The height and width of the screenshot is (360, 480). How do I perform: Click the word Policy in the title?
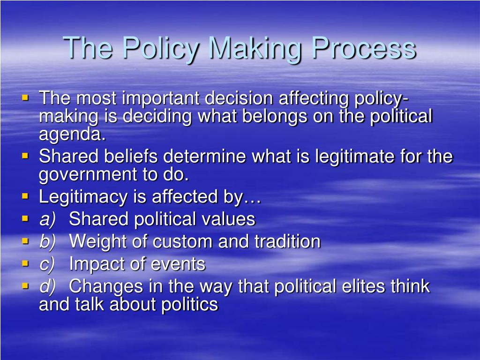(156, 48)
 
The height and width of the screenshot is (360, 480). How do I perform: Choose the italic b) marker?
(47, 242)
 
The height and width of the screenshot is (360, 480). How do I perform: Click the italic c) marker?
(47, 264)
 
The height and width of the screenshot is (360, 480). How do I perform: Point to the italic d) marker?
(47, 286)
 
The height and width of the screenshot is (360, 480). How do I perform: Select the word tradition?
(287, 242)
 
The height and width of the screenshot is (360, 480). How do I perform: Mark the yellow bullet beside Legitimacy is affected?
(25, 196)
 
